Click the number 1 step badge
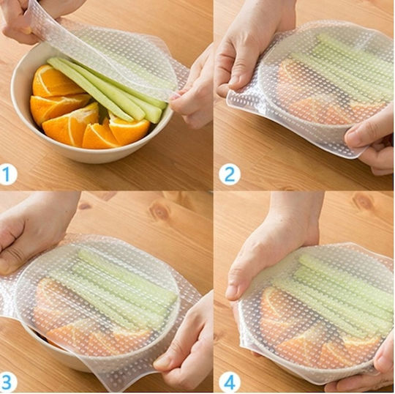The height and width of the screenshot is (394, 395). point(8,175)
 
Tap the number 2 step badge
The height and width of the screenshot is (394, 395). point(230,175)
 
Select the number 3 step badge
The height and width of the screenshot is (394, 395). point(8,382)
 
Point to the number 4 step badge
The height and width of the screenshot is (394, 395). point(230,382)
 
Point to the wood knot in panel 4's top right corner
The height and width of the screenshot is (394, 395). point(363,201)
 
